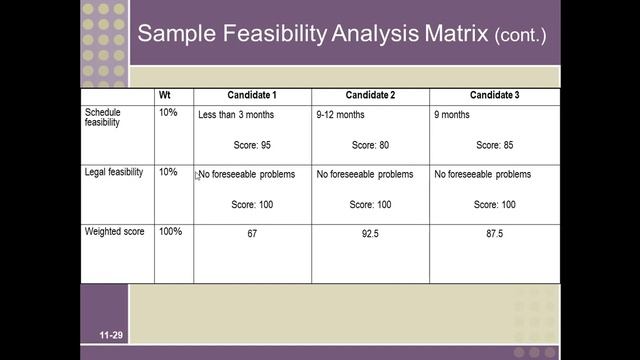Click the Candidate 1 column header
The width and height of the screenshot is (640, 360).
click(252, 95)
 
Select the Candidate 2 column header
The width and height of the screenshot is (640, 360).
click(370, 95)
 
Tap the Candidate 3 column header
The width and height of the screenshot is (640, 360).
click(494, 95)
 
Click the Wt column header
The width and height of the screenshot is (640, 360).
click(165, 95)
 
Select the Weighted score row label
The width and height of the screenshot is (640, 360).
click(114, 232)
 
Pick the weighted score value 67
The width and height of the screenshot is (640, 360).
click(252, 234)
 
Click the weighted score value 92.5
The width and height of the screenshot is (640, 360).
click(370, 234)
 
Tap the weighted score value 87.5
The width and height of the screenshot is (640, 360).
click(495, 234)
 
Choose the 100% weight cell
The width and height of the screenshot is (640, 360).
click(170, 232)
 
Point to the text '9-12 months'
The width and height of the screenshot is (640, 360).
click(341, 115)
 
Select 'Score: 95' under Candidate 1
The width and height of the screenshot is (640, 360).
click(251, 145)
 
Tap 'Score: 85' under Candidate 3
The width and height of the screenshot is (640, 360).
click(494, 145)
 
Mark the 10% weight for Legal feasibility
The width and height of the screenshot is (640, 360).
click(167, 172)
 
